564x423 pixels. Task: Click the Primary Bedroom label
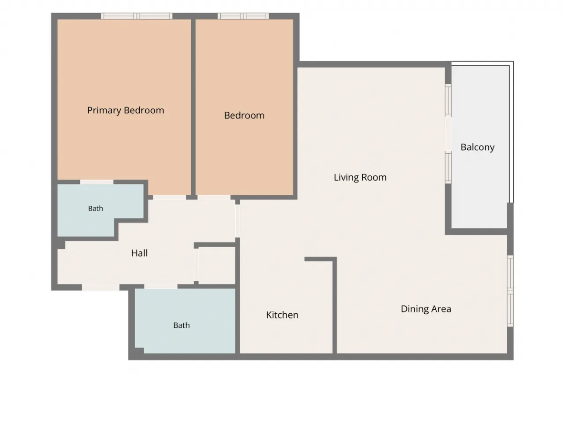coord(126,111)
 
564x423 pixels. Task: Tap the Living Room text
coord(360,178)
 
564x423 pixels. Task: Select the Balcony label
coord(477,147)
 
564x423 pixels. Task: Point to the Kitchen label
coord(282,315)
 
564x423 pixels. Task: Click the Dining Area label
coord(426,309)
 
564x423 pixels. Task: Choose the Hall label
coord(139,253)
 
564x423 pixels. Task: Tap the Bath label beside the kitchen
coord(182,326)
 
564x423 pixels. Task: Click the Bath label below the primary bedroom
coord(96,208)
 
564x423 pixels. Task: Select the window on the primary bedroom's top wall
coord(137,16)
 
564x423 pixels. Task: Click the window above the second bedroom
coord(243,16)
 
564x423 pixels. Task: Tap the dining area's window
coord(510,291)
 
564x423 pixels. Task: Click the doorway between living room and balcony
coord(448,134)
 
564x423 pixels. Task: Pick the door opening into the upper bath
coord(97,182)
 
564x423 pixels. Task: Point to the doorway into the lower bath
coord(161,286)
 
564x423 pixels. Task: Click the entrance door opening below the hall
coord(101,287)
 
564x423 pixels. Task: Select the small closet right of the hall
coord(217,266)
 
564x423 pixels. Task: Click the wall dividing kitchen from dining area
coord(334,306)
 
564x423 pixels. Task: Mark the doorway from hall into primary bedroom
coord(169,197)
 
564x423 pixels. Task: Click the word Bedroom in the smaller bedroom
coord(244,115)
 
